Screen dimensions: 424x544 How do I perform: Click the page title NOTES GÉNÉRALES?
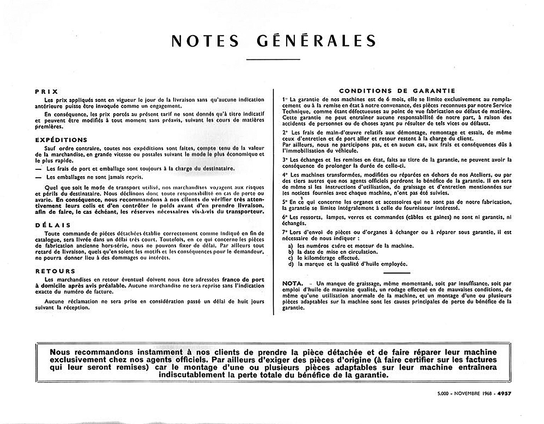(x=273, y=41)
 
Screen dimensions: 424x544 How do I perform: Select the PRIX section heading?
(x=47, y=92)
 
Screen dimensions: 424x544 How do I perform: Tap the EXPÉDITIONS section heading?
(x=61, y=140)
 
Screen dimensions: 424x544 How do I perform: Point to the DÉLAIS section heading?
(x=53, y=225)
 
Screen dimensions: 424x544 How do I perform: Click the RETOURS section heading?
(x=55, y=271)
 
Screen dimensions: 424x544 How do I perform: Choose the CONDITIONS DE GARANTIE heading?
(x=397, y=91)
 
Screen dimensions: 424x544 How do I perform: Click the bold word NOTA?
(x=293, y=283)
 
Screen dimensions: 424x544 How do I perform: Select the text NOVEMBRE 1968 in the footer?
(x=473, y=393)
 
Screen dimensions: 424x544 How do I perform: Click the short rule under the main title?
(x=273, y=59)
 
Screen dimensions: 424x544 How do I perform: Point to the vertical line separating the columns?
(x=274, y=201)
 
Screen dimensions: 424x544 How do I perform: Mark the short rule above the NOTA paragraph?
(x=397, y=273)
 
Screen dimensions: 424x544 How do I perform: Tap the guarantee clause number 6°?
(x=285, y=217)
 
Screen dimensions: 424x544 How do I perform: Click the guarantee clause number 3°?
(x=285, y=160)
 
